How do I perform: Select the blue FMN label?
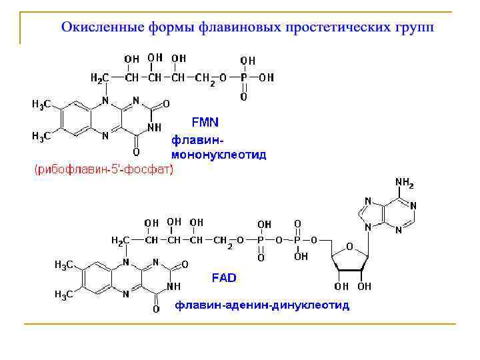tap(205, 123)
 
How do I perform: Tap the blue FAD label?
tap(225, 277)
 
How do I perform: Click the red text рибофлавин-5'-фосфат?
tap(103, 170)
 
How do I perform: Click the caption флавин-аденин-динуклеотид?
tap(262, 305)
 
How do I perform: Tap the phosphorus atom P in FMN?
tap(244, 78)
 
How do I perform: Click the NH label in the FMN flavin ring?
tap(155, 127)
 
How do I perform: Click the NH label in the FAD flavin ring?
tap(174, 286)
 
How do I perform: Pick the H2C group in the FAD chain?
tap(119, 241)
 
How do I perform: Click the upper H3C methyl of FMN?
tap(43, 105)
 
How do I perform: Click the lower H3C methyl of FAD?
tap(63, 295)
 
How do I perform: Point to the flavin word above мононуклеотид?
tap(197, 141)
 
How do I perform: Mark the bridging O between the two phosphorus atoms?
tap(279, 240)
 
